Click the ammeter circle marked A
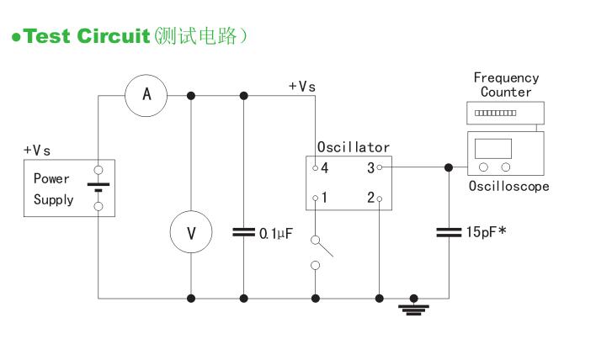146,95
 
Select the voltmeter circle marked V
191,232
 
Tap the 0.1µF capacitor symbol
243,232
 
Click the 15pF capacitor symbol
448,232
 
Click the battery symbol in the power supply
98,188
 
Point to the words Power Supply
53,189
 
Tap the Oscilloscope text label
508,186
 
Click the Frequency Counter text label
506,84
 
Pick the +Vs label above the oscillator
302,86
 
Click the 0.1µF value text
275,233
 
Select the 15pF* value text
486,232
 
